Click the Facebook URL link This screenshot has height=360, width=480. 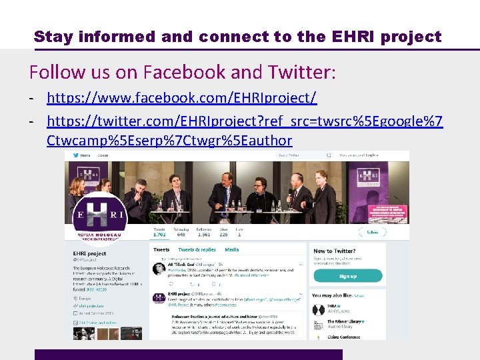click(181, 99)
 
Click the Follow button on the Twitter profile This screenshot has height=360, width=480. click(372, 232)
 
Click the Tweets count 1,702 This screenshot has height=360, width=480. click(159, 234)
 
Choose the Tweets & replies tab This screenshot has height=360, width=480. click(197, 249)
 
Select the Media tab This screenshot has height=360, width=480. click(231, 249)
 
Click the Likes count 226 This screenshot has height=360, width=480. click(223, 234)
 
